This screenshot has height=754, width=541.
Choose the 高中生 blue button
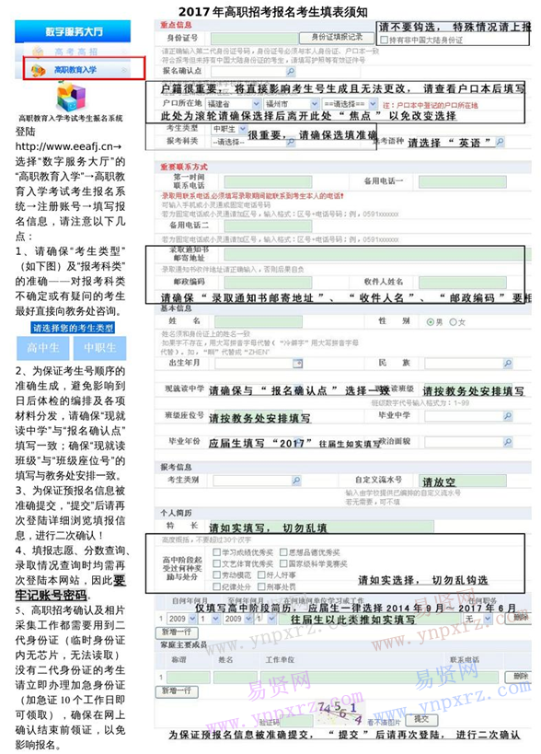[x=42, y=348]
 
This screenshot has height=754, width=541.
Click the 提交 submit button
[x=421, y=718]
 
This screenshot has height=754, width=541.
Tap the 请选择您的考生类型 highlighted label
[x=74, y=328]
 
